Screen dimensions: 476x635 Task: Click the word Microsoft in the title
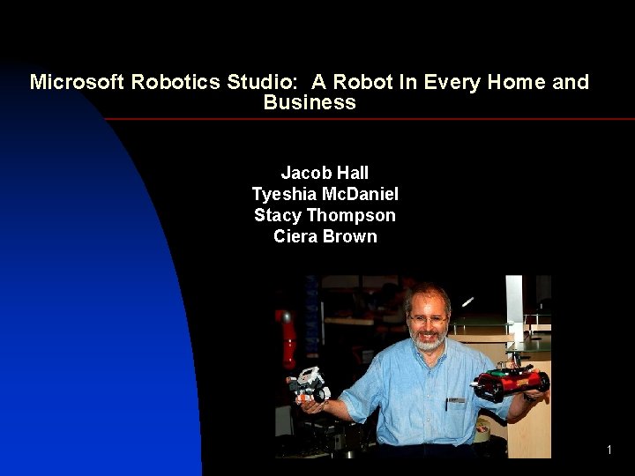pyautogui.click(x=78, y=83)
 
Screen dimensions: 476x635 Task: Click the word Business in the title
pyautogui.click(x=310, y=103)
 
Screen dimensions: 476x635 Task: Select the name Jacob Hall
pyautogui.click(x=325, y=173)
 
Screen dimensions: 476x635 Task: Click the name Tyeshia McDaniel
pyautogui.click(x=325, y=194)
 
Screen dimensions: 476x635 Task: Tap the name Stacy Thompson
pyautogui.click(x=325, y=215)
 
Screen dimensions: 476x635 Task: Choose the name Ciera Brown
pyautogui.click(x=325, y=236)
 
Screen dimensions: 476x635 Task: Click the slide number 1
pyautogui.click(x=609, y=450)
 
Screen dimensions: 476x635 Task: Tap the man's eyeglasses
pyautogui.click(x=428, y=318)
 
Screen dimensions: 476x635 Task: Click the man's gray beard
pyautogui.click(x=430, y=340)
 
